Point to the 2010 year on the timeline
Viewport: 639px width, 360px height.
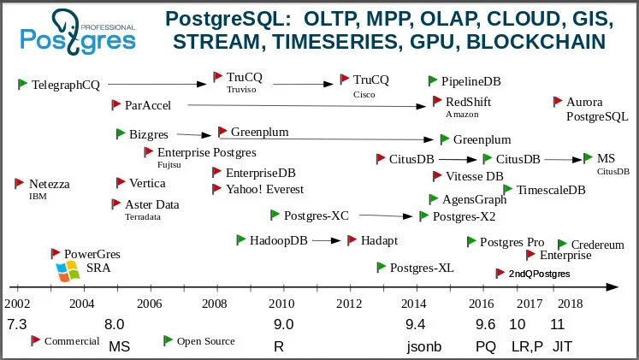(281, 304)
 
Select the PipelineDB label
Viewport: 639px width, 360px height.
(470, 81)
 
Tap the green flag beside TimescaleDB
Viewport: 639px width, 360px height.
(509, 188)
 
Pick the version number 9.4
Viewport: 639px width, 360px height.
(415, 324)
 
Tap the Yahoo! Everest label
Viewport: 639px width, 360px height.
(264, 189)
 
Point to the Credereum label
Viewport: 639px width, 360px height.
(597, 245)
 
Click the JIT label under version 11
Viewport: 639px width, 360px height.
(562, 346)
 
